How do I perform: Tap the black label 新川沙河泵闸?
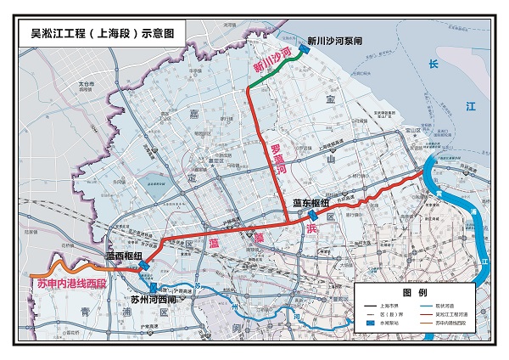(x=334, y=39)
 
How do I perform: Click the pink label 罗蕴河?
(x=276, y=157)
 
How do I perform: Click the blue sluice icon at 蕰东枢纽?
(x=313, y=217)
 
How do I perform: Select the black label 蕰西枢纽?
(x=122, y=254)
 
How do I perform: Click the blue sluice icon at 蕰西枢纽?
(x=143, y=264)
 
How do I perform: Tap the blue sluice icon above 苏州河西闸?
(x=154, y=288)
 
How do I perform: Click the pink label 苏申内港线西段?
(x=71, y=281)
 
